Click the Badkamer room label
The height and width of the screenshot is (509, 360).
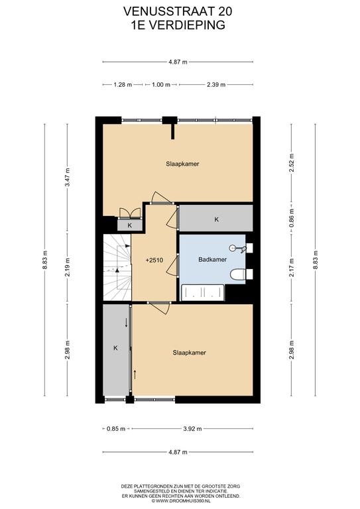click(212, 260)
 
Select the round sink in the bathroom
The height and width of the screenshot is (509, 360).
click(233, 249)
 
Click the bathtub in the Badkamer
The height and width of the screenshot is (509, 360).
click(203, 292)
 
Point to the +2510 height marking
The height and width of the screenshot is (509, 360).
click(154, 260)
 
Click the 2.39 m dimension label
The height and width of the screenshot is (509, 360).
click(216, 85)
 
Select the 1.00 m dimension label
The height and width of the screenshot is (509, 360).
click(161, 85)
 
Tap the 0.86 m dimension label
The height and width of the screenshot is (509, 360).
click(292, 218)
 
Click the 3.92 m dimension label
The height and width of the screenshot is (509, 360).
click(192, 429)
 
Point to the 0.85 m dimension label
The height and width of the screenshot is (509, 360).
click(116, 429)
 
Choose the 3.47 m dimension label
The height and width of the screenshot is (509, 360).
click(68, 177)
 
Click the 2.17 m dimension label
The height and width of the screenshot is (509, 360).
click(292, 268)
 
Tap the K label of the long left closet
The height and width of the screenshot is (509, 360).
click(115, 348)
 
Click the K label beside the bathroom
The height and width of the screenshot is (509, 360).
click(217, 219)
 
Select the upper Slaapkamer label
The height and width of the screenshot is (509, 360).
click(182, 164)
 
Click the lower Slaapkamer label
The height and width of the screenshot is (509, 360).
click(189, 353)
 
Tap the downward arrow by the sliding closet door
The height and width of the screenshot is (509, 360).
click(126, 323)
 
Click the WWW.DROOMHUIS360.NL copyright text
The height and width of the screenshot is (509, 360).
click(180, 501)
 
